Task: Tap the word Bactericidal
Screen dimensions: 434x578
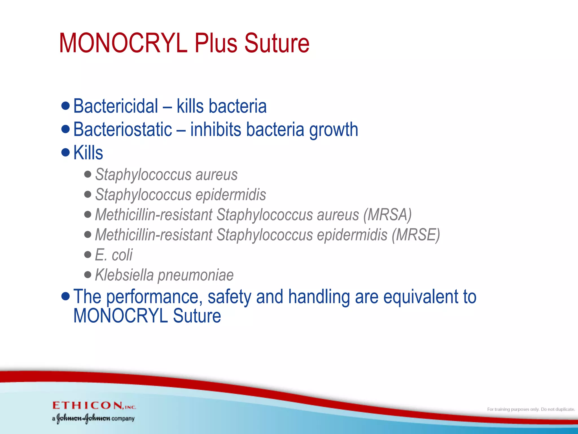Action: coord(115,106)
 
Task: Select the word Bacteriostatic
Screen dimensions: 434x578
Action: coord(122,129)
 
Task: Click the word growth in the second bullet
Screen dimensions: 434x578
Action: coord(334,130)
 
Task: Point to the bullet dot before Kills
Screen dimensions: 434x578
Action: coord(65,153)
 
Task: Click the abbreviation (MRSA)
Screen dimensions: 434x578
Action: coord(387,215)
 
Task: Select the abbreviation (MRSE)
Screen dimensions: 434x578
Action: coord(415,235)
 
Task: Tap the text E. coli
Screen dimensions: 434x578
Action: coord(113,255)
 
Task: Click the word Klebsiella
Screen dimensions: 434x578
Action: coord(124,275)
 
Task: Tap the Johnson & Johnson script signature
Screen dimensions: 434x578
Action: coord(83,418)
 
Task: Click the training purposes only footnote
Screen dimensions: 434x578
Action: coord(531,409)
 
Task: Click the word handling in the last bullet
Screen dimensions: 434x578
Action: coord(319,298)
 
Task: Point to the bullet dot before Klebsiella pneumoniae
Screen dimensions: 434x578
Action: coord(88,275)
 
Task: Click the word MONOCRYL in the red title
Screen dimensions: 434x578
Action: coord(123,43)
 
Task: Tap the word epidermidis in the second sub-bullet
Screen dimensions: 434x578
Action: coord(231,195)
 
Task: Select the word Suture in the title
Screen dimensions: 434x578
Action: coord(277,43)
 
